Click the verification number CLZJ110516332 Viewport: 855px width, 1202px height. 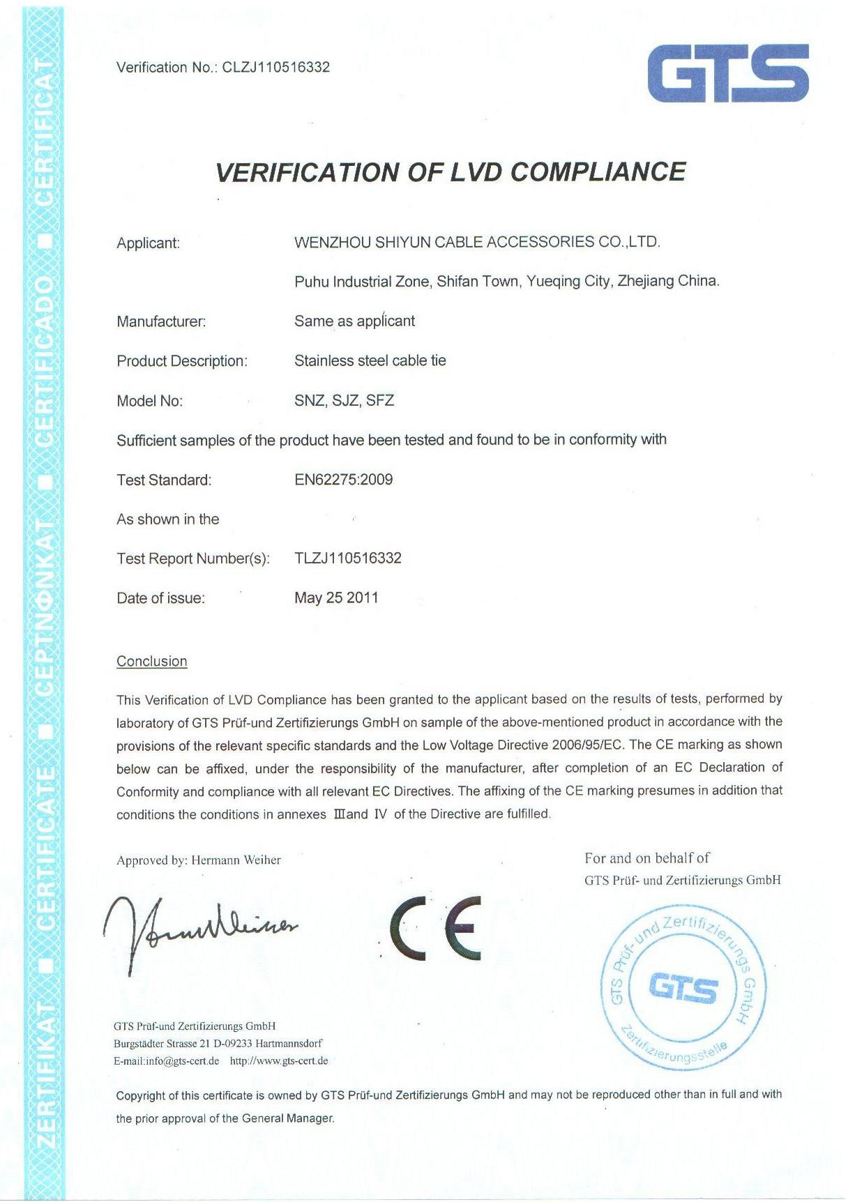tap(275, 68)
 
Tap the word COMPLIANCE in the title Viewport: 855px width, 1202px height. tap(598, 172)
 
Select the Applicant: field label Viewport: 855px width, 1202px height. tap(148, 243)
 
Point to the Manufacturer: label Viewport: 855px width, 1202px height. tap(161, 322)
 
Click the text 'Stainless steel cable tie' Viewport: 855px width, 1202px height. tap(370, 360)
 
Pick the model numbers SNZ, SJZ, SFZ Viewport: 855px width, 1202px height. tap(344, 400)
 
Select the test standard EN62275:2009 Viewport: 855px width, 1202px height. tap(343, 480)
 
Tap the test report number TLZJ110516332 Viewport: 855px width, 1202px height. tap(347, 558)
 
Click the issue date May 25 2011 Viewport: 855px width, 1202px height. tap(336, 598)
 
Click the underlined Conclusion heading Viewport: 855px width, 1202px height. tap(151, 661)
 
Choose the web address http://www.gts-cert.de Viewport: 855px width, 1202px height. tap(278, 1061)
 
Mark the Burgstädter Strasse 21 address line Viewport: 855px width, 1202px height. tap(218, 1044)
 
